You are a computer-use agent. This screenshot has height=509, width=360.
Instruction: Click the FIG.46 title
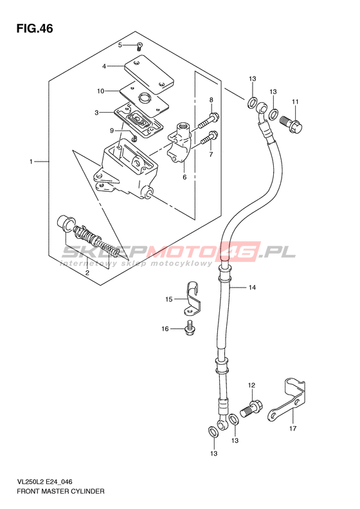(x=34, y=28)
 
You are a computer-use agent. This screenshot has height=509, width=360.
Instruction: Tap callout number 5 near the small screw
(x=120, y=45)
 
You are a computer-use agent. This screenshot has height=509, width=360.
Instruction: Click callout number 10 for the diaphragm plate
(x=101, y=91)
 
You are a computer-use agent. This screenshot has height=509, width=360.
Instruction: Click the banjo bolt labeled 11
(x=291, y=124)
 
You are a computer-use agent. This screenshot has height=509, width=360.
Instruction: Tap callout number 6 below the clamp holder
(x=184, y=177)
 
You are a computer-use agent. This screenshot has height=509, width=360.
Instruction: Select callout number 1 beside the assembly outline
(x=31, y=162)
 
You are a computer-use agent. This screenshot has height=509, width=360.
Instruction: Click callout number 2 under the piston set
(x=87, y=273)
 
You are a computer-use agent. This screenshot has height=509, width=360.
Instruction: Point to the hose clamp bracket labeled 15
(x=192, y=299)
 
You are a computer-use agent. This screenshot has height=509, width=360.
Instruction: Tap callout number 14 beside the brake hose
(x=253, y=287)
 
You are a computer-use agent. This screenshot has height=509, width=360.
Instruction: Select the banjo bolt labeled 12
(x=251, y=409)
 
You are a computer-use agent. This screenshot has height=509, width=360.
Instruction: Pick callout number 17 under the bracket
(x=292, y=429)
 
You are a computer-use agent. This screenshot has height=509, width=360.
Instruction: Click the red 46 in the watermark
(x=240, y=252)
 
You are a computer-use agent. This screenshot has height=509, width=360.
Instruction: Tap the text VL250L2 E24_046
(x=44, y=483)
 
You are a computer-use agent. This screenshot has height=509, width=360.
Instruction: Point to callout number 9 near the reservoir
(x=112, y=131)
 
